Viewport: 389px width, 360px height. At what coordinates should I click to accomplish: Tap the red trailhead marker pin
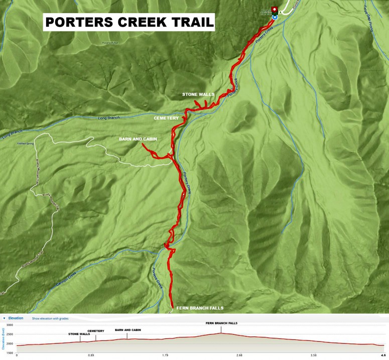[274, 9]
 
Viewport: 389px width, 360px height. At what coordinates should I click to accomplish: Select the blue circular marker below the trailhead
[274, 17]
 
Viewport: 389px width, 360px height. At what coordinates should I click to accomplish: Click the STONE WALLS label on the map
[198, 94]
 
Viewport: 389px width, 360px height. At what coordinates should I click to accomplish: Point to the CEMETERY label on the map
[166, 118]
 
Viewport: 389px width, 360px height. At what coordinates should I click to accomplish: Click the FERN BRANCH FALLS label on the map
[200, 308]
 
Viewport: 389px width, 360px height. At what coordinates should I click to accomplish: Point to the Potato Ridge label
[110, 43]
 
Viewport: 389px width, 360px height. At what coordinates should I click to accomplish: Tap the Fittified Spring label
[28, 144]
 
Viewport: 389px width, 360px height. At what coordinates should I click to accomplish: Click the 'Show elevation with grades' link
[57, 318]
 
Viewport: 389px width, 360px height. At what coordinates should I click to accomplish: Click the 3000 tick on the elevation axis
[10, 325]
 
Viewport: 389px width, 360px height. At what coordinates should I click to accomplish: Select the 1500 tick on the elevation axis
[10, 349]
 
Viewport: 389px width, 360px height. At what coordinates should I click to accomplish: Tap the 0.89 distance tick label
[91, 355]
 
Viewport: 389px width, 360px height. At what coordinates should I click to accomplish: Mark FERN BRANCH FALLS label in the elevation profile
[221, 323]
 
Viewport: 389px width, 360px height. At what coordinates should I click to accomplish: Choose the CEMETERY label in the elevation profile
[96, 331]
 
